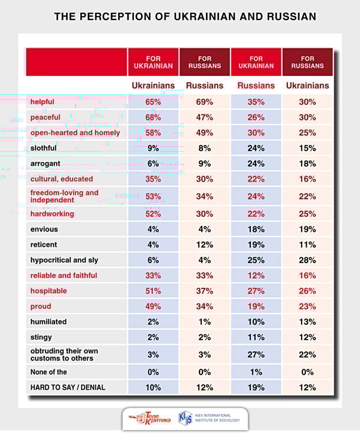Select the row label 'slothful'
tap(44, 148)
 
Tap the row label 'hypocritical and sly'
tap(64, 260)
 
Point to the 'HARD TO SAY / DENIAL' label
tap(68, 387)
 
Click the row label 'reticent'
tap(44, 245)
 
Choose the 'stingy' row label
tap(41, 337)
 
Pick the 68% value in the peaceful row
tap(153, 117)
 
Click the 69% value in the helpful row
tap(205, 102)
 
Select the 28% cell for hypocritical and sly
tap(307, 260)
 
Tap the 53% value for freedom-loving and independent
tap(153, 196)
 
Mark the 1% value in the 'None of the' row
tap(256, 372)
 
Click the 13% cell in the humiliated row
tap(307, 322)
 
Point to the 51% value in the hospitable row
tap(153, 291)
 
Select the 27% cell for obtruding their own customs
tap(256, 355)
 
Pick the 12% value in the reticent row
tap(205, 245)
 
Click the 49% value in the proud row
tap(153, 307)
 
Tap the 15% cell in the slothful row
tap(307, 149)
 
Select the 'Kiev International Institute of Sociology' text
tap(217, 418)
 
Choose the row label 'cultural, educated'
tap(62, 179)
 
